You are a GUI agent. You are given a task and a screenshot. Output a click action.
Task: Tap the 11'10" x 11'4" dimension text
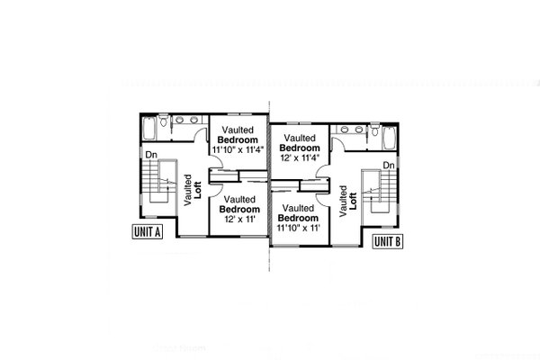pos(240,151)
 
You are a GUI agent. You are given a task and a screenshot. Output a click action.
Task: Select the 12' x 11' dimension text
pos(239,217)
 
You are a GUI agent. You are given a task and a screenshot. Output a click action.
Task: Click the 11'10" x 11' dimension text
pos(300,228)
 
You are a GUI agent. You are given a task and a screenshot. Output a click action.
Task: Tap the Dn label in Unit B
pos(389,166)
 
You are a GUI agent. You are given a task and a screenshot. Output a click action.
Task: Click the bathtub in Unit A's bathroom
pos(149,130)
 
